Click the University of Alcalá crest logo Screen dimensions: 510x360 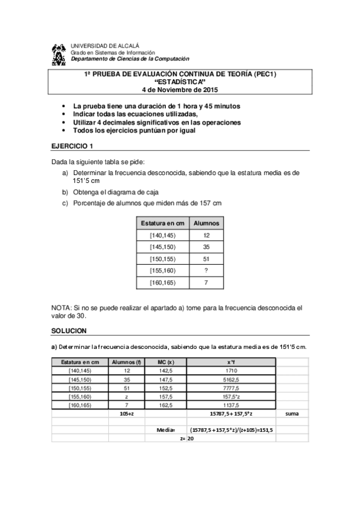[x=58, y=55]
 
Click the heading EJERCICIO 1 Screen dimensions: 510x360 [x=72, y=146]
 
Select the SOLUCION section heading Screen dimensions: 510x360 [x=69, y=331]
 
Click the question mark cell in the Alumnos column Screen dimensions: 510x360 [x=206, y=271]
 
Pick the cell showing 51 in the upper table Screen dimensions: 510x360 [x=206, y=259]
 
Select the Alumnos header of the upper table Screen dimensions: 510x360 [x=206, y=223]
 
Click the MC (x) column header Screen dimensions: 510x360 [x=165, y=362]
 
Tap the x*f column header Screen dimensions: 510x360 [x=231, y=362]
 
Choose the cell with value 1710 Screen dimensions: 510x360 [x=231, y=371]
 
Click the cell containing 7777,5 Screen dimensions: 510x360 [x=231, y=388]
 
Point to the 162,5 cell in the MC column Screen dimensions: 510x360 [x=165, y=405]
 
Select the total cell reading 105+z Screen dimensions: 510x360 [x=126, y=414]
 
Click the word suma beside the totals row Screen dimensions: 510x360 [x=292, y=414]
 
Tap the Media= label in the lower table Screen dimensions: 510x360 [x=166, y=431]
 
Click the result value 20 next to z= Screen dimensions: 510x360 [x=191, y=440]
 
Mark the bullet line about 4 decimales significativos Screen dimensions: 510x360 [x=157, y=122]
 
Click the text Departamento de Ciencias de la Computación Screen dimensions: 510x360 [x=130, y=59]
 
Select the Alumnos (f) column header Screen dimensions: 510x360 [x=126, y=362]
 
